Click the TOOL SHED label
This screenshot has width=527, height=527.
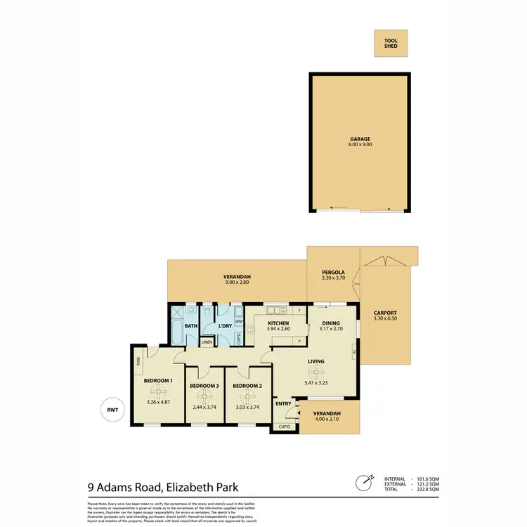click(391, 43)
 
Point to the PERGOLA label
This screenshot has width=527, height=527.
click(332, 271)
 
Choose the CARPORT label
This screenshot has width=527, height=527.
click(386, 313)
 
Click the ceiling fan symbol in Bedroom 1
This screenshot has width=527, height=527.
click(158, 391)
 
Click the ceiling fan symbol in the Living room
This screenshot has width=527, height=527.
click(315, 372)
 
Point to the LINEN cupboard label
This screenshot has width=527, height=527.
click(207, 342)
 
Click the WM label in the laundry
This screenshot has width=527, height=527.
click(239, 321)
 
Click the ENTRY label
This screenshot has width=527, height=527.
click(283, 403)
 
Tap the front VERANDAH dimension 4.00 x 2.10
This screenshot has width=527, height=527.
click(327, 419)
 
